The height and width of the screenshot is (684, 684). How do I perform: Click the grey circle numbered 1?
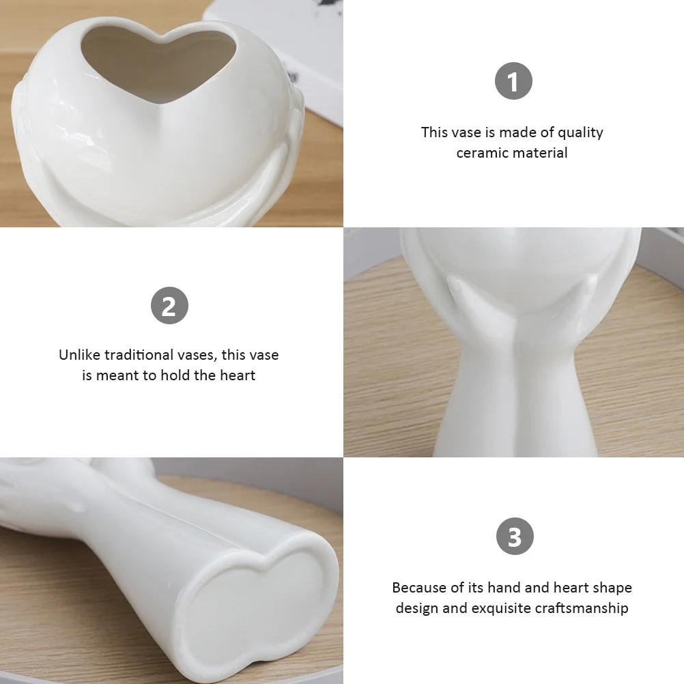pyautogui.click(x=513, y=82)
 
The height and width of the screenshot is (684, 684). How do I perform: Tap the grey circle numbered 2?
pyautogui.click(x=169, y=305)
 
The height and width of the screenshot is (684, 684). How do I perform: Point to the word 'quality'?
pyautogui.click(x=580, y=132)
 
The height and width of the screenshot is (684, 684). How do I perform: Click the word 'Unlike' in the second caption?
pyautogui.click(x=79, y=355)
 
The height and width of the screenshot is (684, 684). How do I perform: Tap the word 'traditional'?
pyautogui.click(x=138, y=355)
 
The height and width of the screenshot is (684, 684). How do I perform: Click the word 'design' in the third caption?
pyautogui.click(x=416, y=608)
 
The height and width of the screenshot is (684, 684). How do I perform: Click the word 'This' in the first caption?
pyautogui.click(x=434, y=132)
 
